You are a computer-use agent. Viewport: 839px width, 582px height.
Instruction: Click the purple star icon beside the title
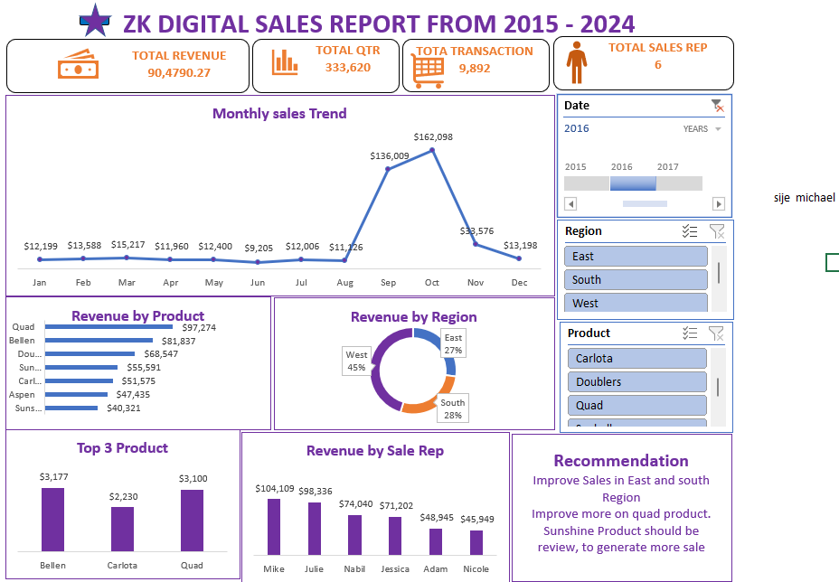click(93, 20)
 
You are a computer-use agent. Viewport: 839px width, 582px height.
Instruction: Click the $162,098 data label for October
click(433, 136)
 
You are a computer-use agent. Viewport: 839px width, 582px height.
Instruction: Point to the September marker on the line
click(388, 168)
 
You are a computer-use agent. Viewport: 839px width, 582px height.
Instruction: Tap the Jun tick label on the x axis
click(258, 282)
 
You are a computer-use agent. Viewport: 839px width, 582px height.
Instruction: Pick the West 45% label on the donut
click(356, 361)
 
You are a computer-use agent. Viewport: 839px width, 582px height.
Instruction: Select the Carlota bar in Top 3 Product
click(122, 529)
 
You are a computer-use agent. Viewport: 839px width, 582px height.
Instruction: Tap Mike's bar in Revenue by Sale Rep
click(273, 526)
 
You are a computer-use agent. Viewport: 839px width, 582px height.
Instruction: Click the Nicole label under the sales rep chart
click(476, 568)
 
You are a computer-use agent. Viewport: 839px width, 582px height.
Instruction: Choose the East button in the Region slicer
click(636, 257)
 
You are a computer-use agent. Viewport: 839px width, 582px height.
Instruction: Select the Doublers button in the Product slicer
click(636, 382)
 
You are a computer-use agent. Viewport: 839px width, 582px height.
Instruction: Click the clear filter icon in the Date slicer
click(717, 106)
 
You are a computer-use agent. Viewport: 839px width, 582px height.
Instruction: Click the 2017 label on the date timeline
click(667, 167)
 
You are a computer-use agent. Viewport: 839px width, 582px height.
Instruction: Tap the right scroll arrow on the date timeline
click(719, 204)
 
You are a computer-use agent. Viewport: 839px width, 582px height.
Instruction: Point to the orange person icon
click(576, 65)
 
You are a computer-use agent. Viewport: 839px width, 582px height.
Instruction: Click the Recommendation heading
click(621, 461)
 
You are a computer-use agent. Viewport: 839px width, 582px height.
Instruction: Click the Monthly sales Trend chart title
click(279, 114)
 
